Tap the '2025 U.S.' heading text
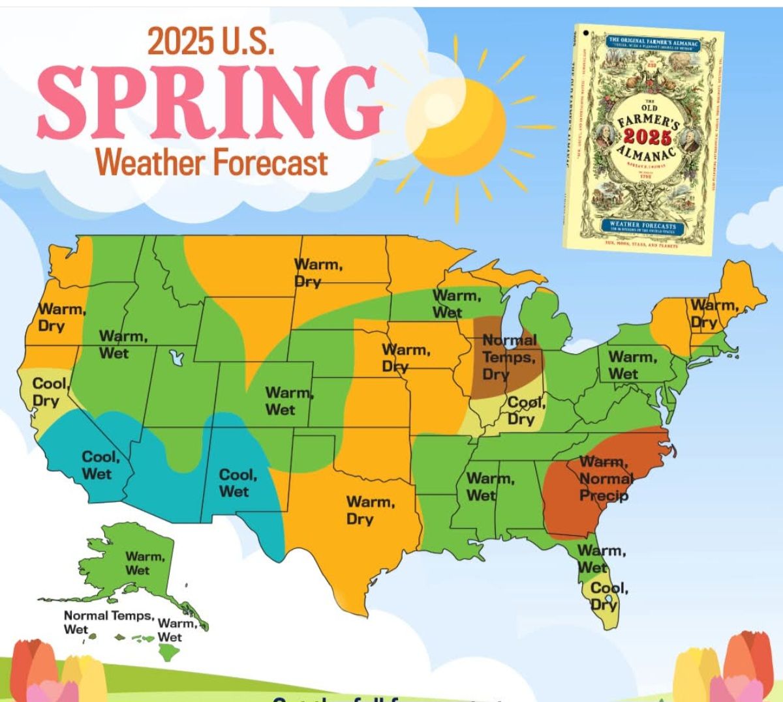[211, 41]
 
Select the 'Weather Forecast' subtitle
[212, 162]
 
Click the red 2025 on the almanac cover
[646, 136]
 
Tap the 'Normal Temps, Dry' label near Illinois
[509, 357]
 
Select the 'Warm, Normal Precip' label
[605, 479]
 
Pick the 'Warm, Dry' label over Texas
[370, 510]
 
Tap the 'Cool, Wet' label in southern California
[100, 465]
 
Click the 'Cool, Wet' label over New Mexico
[237, 483]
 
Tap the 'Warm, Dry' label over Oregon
[61, 317]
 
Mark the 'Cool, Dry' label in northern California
[50, 392]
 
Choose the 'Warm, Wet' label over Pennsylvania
[632, 365]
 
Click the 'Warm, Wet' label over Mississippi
[490, 487]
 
